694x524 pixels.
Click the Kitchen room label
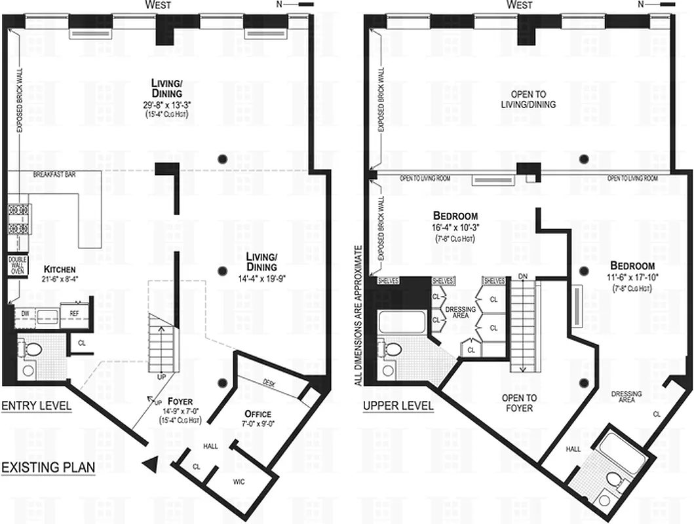(60, 269)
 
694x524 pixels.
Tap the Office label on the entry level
(258, 414)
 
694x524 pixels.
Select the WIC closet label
(238, 481)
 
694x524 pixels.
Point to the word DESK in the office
(268, 383)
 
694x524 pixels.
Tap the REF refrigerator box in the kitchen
(74, 314)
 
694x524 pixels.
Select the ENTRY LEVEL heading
(36, 406)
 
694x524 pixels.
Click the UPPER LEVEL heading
(398, 406)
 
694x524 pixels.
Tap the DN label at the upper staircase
(522, 276)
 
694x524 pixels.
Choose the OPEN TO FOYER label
(519, 403)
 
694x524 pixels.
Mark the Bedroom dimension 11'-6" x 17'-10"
(632, 278)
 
